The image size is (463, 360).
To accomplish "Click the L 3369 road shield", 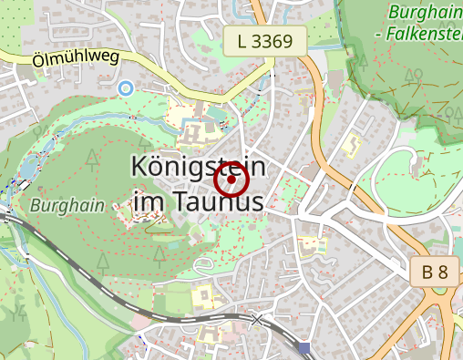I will click(264, 40).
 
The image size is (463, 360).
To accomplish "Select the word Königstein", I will click(198, 168).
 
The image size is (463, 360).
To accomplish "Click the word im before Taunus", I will click(149, 201).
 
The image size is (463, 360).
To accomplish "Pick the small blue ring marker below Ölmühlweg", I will click(126, 87).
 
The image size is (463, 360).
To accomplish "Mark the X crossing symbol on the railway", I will click(258, 319).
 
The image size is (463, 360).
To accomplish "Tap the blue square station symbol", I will click(304, 347).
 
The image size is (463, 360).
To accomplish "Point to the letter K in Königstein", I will click(140, 168).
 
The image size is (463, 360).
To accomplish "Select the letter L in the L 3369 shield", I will click(242, 40).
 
